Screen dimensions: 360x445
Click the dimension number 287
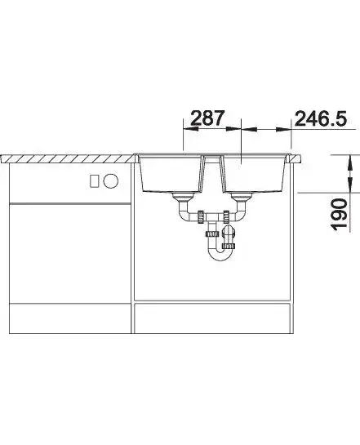tap(207, 118)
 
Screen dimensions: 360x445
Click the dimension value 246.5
tap(321, 118)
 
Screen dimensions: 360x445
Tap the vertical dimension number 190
tap(340, 214)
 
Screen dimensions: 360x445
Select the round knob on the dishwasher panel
tap(111, 180)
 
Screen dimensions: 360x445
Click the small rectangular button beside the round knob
tap(95, 181)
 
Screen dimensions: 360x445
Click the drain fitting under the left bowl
tap(183, 196)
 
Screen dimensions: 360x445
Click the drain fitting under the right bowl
tap(242, 196)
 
